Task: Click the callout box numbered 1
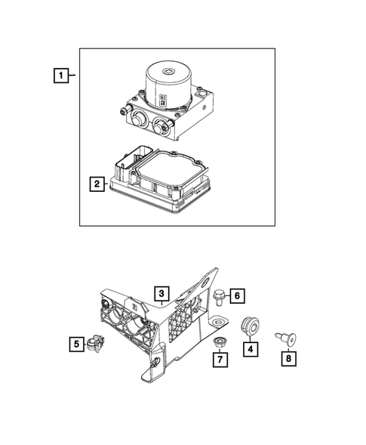(60, 76)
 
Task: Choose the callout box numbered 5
(77, 345)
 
